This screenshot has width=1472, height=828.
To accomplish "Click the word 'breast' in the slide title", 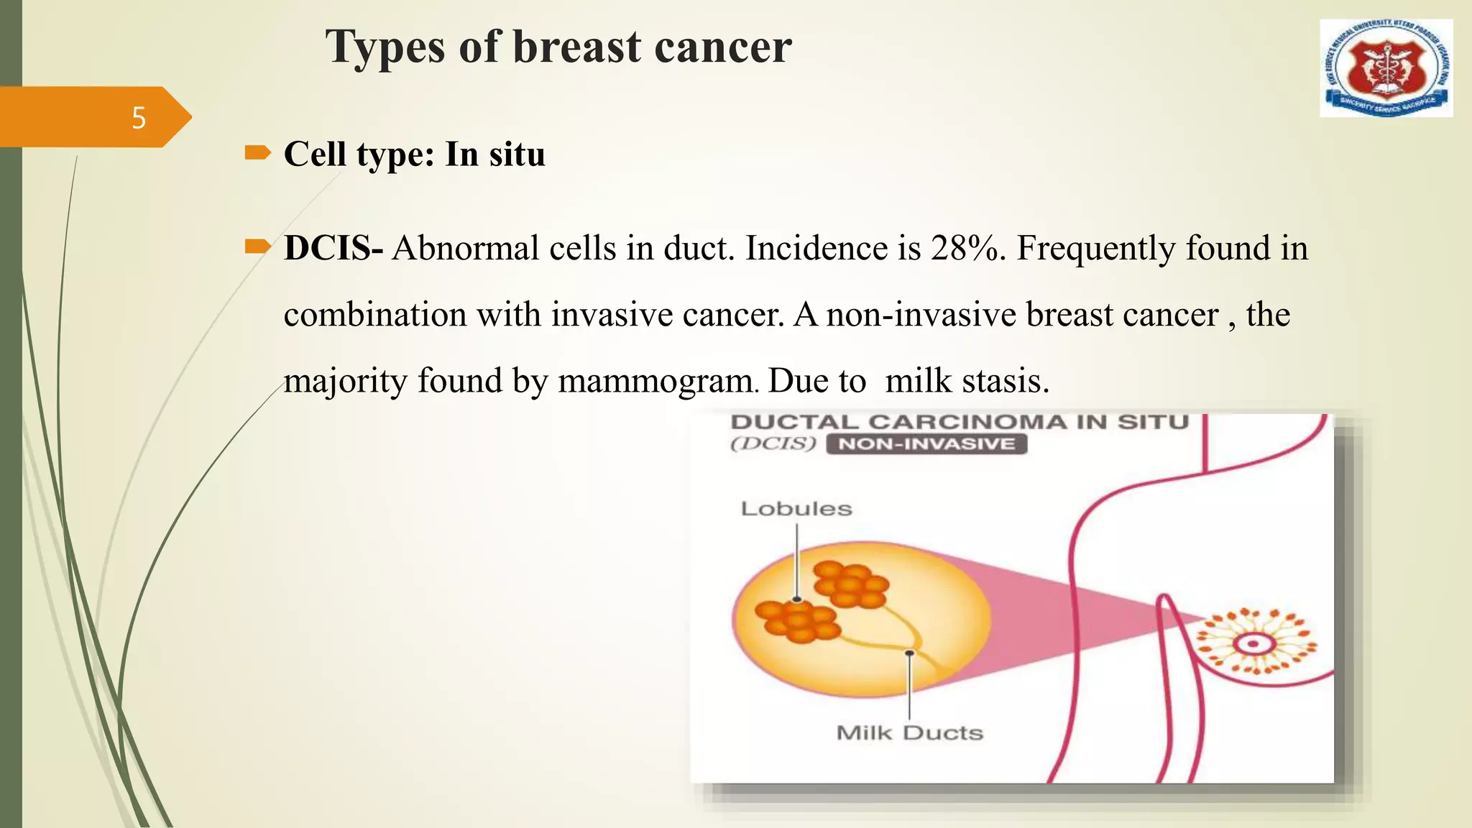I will (x=576, y=47).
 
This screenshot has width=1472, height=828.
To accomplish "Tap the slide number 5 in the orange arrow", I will (x=139, y=118).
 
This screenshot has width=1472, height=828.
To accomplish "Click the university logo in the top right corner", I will (x=1386, y=68).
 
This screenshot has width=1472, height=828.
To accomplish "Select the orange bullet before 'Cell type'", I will (x=257, y=152).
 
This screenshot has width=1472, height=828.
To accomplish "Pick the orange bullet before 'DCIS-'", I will (x=257, y=247).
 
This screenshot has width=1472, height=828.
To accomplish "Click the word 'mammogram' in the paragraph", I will (x=655, y=381).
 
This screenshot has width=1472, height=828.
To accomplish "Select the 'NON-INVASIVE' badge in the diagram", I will (x=926, y=444).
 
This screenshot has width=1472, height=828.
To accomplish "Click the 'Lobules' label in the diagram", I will (x=796, y=509).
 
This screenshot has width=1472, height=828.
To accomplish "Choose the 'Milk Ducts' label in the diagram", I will (x=909, y=733).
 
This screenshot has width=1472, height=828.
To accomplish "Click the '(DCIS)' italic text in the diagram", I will (x=773, y=443).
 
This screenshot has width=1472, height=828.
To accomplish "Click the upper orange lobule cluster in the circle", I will (x=850, y=584).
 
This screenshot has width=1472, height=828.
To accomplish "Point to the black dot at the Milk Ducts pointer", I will (x=909, y=653).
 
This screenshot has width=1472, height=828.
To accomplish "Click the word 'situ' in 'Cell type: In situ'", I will (x=516, y=155).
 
